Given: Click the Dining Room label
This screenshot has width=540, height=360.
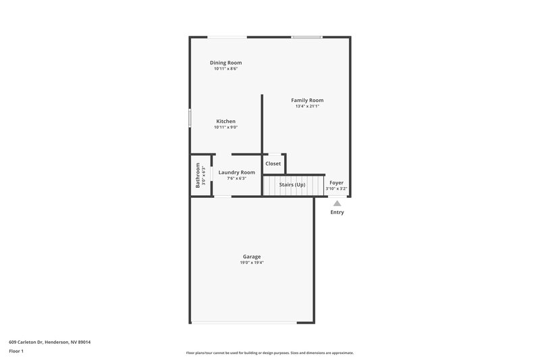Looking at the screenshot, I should click(x=225, y=63).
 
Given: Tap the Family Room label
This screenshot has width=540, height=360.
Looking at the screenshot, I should click(x=307, y=101).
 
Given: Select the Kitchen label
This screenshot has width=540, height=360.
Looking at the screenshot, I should click(x=225, y=122).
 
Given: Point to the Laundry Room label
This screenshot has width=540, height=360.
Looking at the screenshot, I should click(x=237, y=172).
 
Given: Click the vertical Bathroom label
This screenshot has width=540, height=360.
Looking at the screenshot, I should click(x=198, y=175).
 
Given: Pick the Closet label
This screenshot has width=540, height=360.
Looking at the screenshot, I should click(x=273, y=163).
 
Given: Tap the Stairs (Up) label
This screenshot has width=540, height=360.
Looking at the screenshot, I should click(x=292, y=184).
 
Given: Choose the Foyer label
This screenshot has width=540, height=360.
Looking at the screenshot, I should click(x=336, y=182).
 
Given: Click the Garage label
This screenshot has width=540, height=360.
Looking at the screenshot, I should click(x=252, y=257).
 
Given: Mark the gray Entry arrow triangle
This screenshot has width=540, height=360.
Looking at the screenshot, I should click(x=337, y=203).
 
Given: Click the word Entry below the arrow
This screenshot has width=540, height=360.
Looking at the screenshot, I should click(x=337, y=213).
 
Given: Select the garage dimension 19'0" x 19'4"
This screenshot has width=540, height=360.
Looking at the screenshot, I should click(x=252, y=263).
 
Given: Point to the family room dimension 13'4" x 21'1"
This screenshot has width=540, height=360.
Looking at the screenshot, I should click(x=307, y=106).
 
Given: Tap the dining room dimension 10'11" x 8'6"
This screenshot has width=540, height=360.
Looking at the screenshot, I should click(x=225, y=68).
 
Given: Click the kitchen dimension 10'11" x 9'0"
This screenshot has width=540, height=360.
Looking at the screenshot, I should click(x=225, y=128).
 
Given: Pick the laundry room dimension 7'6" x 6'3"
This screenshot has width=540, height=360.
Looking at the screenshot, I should click(x=237, y=178).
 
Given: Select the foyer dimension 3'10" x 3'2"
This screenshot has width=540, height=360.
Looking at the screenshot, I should click(x=336, y=188).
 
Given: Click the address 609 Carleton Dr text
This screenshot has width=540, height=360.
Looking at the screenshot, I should click(x=49, y=342).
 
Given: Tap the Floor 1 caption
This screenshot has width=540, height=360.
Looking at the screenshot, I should click(x=16, y=352).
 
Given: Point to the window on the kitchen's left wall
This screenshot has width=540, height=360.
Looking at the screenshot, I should click(x=190, y=120).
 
